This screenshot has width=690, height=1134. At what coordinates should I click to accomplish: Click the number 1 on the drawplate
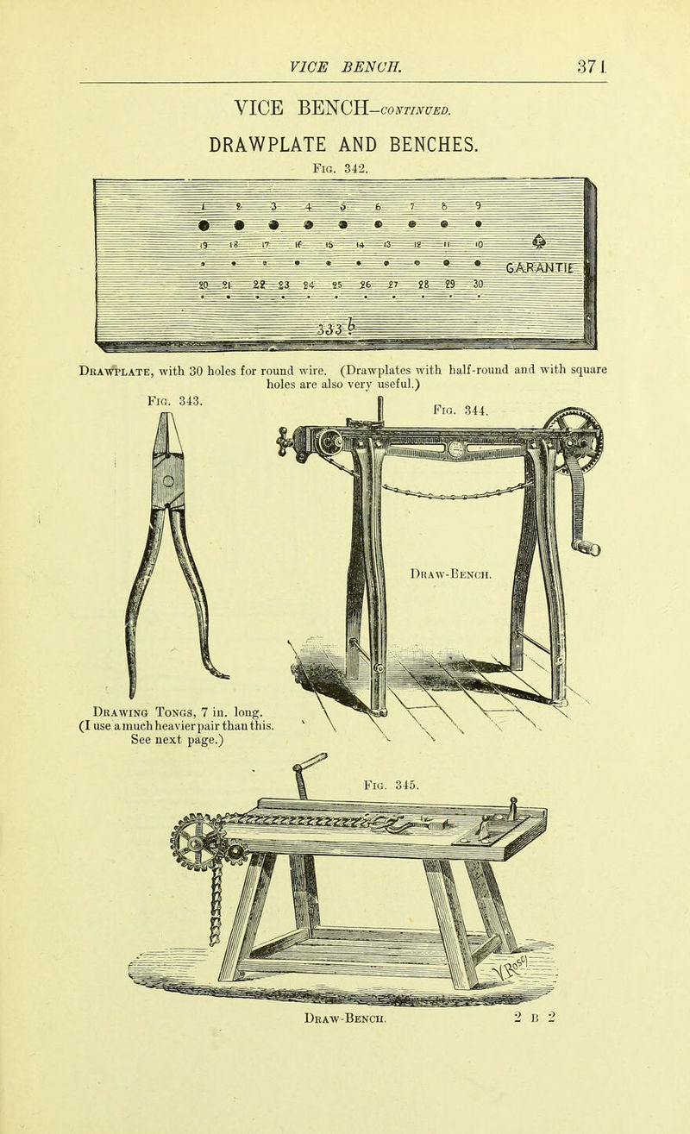coord(200,204)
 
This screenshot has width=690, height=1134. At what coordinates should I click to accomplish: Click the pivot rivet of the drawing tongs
coord(167,481)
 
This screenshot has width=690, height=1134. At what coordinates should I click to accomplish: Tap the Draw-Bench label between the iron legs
coord(448,573)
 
